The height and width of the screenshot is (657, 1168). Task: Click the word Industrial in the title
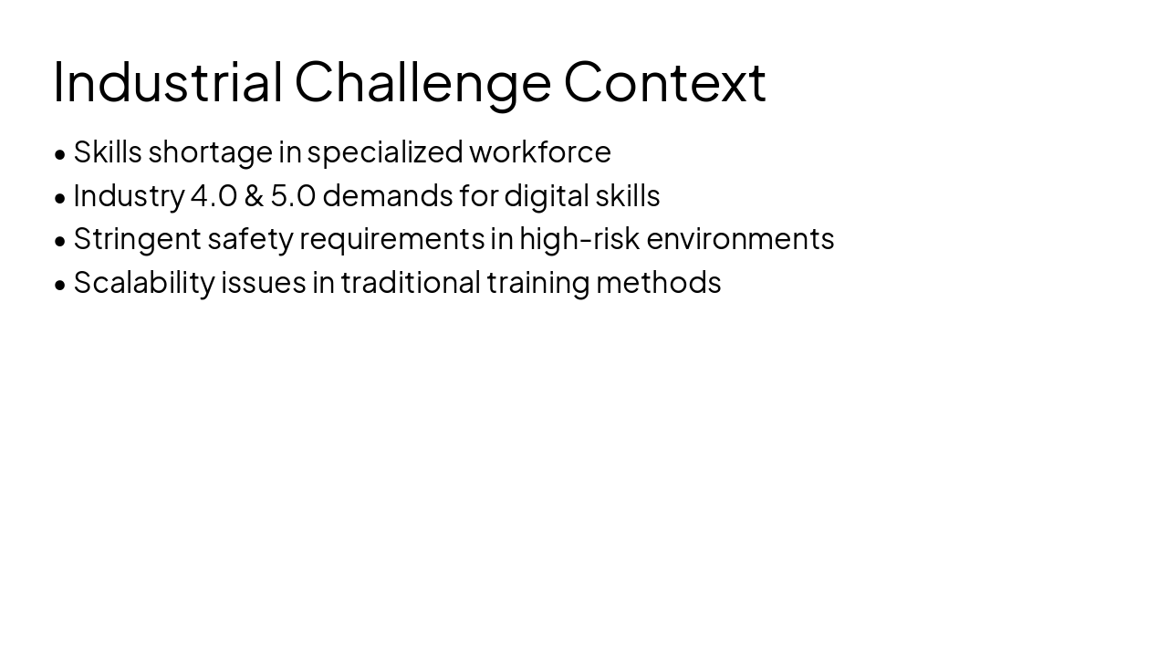(x=168, y=82)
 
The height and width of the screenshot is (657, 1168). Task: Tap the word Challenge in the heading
(x=422, y=82)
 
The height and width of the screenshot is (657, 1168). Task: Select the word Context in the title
(x=664, y=82)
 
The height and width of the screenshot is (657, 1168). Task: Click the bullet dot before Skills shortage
(x=60, y=154)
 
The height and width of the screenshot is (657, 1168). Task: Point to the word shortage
(x=210, y=152)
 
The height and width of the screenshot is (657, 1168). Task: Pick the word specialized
(x=385, y=152)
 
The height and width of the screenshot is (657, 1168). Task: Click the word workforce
(x=540, y=151)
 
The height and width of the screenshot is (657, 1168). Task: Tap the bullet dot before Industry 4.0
(x=60, y=198)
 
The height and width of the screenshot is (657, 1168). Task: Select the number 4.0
(x=214, y=195)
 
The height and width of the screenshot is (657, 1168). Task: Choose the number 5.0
(x=293, y=195)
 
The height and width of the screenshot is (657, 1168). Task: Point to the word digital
(x=546, y=195)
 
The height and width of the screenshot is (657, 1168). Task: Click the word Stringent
(x=137, y=239)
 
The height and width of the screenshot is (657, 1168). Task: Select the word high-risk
(x=579, y=238)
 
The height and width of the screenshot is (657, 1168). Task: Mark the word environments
(x=740, y=238)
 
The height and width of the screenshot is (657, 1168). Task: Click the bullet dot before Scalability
(x=60, y=285)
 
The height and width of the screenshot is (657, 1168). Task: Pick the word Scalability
(x=143, y=283)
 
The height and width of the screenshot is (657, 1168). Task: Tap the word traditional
(x=411, y=282)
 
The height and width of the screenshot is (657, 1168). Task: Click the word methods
(x=658, y=282)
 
